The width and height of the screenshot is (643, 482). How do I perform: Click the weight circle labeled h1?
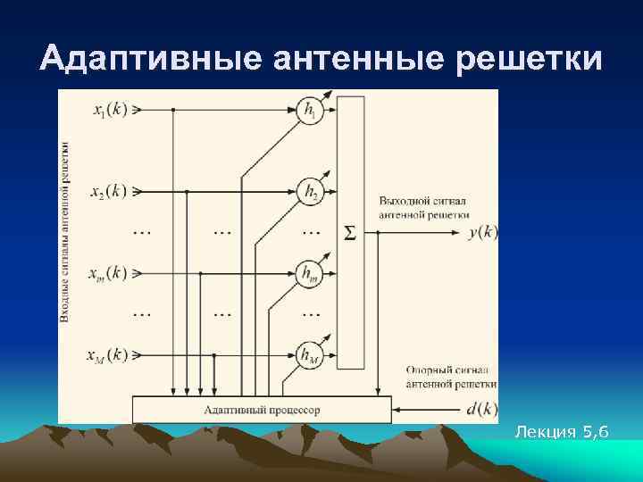point(310,112)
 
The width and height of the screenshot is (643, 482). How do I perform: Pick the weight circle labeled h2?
point(310,191)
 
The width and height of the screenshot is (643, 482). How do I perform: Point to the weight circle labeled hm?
point(310,272)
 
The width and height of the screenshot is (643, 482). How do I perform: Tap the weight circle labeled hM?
point(310,355)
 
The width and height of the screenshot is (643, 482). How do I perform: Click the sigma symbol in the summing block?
point(350,233)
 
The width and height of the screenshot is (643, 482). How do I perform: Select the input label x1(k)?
point(110,111)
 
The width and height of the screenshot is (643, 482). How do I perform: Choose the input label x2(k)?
point(110,191)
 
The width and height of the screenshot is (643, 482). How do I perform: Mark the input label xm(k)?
point(110,272)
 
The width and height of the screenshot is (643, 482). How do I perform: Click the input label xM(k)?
point(110,356)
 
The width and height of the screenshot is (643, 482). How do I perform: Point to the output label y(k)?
point(482,232)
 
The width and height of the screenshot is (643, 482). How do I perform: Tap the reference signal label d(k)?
point(482,410)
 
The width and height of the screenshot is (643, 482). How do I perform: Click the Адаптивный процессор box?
point(262,410)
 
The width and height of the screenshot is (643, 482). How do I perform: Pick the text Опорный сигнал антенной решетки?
point(451,377)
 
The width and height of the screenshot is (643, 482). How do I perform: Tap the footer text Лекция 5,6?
point(562,433)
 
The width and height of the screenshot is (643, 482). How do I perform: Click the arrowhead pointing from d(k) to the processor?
point(397,410)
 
